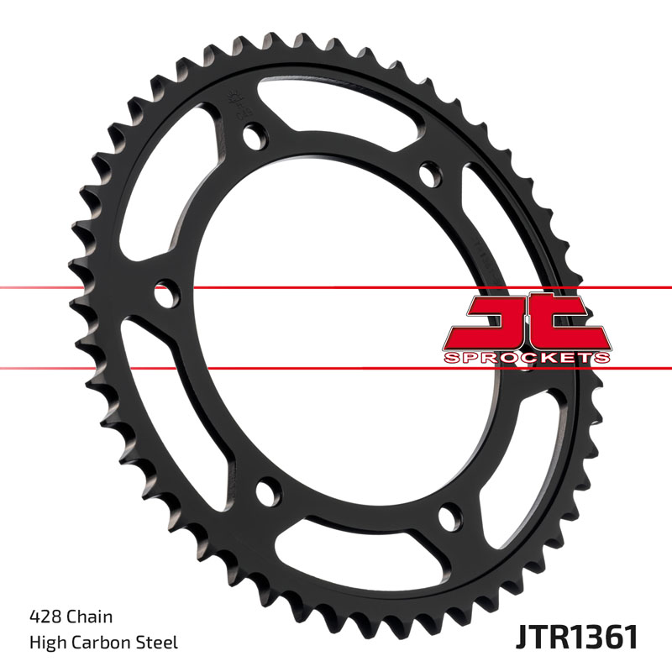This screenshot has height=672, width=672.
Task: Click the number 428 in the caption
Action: [x=44, y=617]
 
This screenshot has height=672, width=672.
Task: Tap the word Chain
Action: [x=89, y=617]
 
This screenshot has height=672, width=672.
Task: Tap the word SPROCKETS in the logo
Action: [x=525, y=358]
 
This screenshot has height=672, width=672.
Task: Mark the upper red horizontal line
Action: [x=336, y=288]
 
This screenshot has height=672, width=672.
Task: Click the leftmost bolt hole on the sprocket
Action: [x=165, y=295]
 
